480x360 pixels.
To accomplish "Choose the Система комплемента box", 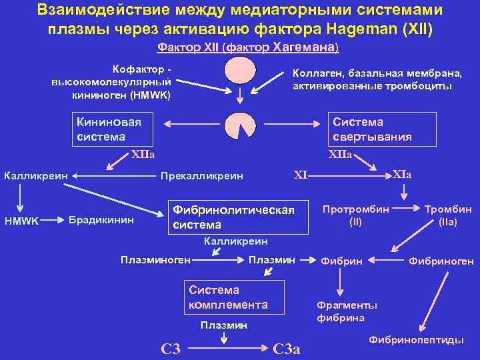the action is tap(233, 297).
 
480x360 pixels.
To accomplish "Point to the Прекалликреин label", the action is tap(201, 177).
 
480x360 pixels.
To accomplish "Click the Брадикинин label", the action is tap(101, 220).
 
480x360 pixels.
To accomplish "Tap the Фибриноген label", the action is tap(441, 261).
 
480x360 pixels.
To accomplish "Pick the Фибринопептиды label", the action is tap(417, 339).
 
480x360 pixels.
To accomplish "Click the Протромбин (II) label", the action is tap(356, 215).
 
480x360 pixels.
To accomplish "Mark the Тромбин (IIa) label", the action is tap(448, 215).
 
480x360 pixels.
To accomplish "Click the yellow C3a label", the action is tap(287, 348).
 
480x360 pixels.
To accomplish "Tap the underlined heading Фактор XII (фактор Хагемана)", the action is tap(248, 47).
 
